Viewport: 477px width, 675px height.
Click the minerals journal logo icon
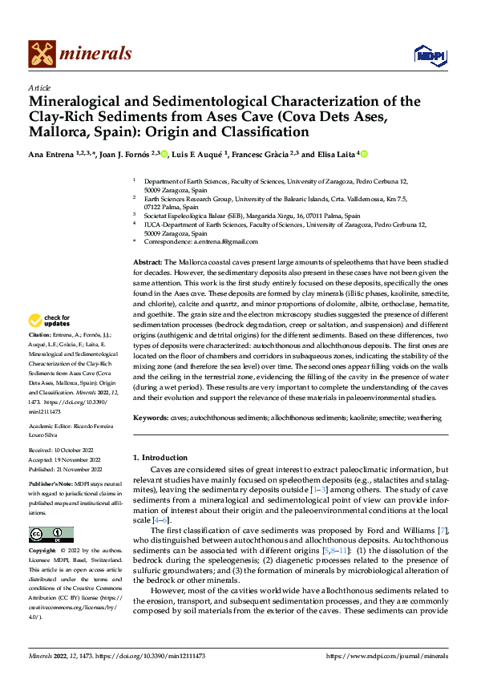pos(42,54)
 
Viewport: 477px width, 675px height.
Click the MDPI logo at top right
pos(429,54)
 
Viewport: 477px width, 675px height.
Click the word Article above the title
pos(39,87)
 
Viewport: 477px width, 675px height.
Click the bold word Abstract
pos(147,262)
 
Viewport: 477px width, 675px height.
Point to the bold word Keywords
pos(150,418)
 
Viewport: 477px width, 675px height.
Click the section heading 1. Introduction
pos(160,457)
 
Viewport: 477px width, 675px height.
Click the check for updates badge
pos(50,321)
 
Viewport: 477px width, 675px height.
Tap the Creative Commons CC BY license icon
pos(51,535)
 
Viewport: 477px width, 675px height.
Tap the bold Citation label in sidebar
pos(39,333)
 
